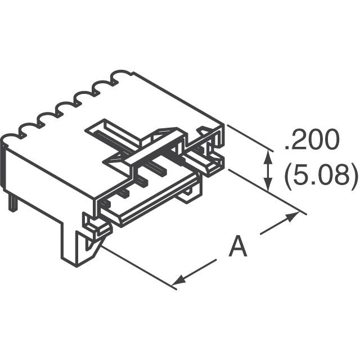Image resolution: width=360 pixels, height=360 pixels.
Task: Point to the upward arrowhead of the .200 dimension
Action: point(269,158)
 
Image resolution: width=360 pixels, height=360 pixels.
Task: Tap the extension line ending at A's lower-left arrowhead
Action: point(138,264)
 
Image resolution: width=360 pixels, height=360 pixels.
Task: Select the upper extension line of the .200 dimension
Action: point(247,138)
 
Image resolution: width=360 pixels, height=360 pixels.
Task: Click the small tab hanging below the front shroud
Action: point(188,194)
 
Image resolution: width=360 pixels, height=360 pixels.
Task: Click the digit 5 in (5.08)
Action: point(301,175)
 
